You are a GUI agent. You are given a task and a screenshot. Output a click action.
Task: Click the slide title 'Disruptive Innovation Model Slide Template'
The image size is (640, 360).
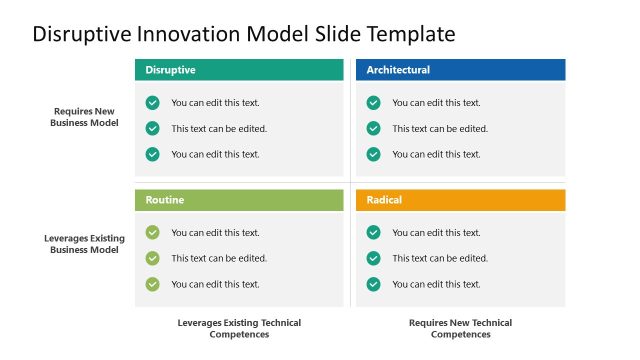pyautogui.click(x=244, y=34)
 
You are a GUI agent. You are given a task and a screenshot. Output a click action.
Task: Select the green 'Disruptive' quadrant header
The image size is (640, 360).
pyautogui.click(x=239, y=70)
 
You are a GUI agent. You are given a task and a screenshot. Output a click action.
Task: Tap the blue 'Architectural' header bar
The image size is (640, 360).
pyautogui.click(x=460, y=70)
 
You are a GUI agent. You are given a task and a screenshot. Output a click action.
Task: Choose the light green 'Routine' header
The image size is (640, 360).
pyautogui.click(x=239, y=200)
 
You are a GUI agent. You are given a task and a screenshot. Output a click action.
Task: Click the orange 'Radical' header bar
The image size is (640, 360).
pyautogui.click(x=460, y=200)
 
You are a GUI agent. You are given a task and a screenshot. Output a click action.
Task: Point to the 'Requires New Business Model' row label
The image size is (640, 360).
pyautogui.click(x=85, y=117)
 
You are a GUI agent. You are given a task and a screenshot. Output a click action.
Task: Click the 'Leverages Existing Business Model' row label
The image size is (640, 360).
pyautogui.click(x=85, y=244)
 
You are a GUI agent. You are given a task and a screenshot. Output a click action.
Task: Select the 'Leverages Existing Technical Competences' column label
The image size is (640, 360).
pyautogui.click(x=239, y=328)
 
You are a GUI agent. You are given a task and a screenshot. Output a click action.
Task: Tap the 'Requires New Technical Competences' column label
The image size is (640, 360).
pyautogui.click(x=460, y=328)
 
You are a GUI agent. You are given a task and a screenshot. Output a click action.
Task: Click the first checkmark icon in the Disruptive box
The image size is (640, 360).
pyautogui.click(x=152, y=102)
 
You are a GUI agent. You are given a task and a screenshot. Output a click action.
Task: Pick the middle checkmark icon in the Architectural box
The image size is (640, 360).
pyautogui.click(x=373, y=128)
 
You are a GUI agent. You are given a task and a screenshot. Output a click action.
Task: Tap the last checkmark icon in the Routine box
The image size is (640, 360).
pyautogui.click(x=152, y=284)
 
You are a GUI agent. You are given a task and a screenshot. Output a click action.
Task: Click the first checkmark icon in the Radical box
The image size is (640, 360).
pyautogui.click(x=373, y=232)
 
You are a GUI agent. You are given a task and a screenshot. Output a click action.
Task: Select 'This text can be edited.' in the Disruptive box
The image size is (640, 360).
pyautogui.click(x=219, y=128)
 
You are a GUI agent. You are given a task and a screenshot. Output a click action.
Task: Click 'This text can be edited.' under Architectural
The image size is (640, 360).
pyautogui.click(x=440, y=128)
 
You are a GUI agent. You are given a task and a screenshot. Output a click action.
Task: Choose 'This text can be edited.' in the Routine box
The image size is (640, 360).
pyautogui.click(x=219, y=258)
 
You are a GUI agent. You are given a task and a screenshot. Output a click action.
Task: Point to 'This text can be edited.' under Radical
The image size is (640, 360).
pyautogui.click(x=440, y=258)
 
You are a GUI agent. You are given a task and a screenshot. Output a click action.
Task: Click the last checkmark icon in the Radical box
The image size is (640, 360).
pyautogui.click(x=373, y=284)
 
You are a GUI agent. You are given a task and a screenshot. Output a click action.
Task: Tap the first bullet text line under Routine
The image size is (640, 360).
pyautogui.click(x=215, y=232)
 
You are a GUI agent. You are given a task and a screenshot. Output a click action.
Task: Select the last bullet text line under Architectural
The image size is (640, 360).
pyautogui.click(x=436, y=154)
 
